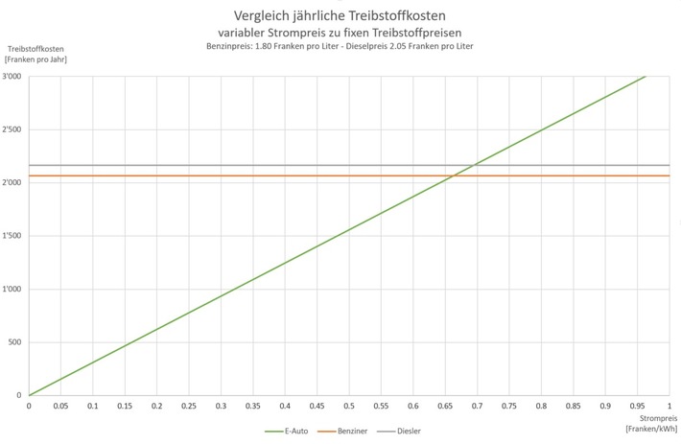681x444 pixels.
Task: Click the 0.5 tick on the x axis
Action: [x=349, y=406]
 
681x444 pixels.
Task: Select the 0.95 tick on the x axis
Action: [x=637, y=406]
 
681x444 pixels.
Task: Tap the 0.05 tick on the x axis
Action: [x=60, y=406]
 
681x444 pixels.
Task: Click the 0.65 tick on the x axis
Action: [x=445, y=406]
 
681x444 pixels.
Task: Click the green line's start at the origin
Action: [x=29, y=395]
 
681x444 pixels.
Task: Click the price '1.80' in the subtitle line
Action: [x=271, y=47]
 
